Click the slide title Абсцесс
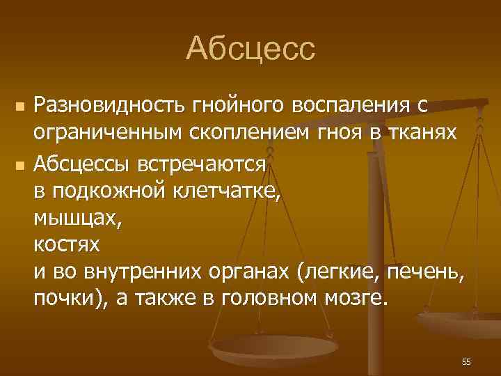click(250, 49)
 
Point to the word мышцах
click(77, 219)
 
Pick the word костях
click(67, 246)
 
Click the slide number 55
click(466, 362)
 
